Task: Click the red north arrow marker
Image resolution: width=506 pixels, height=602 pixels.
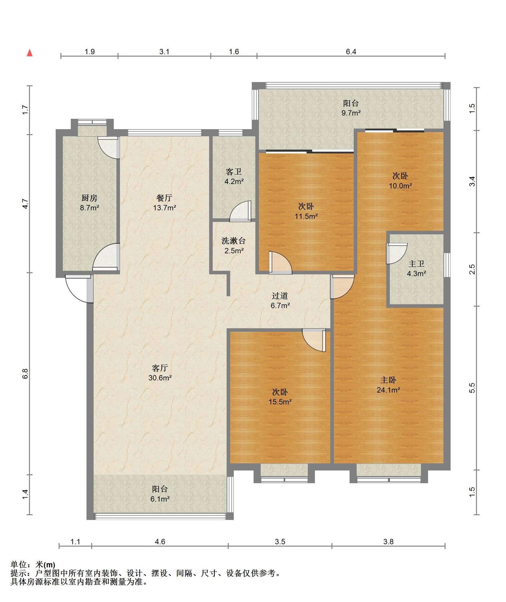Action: coord(30,53)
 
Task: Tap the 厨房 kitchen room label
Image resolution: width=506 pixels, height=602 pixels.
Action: coord(89,198)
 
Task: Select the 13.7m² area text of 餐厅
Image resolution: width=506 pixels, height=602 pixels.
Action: coord(165,208)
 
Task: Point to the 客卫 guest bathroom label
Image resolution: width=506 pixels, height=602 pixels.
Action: coord(234,172)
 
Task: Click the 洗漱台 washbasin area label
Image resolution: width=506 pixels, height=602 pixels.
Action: coord(234,241)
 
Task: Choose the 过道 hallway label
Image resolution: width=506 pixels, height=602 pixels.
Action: coord(280,296)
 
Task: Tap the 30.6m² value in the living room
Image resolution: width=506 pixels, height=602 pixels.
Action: coord(160,378)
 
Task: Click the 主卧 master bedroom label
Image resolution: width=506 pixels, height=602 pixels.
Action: coord(388,380)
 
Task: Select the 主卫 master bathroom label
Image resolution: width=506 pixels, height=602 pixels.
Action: coord(416,264)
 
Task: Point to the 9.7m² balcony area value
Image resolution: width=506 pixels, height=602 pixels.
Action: coord(351,113)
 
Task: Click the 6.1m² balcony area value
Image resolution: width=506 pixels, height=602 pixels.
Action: coord(160,499)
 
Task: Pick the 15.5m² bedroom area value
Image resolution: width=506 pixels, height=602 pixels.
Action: coord(280,402)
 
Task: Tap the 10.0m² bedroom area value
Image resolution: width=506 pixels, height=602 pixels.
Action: coord(400,186)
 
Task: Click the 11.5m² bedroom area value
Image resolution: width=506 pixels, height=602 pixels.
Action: coord(306,216)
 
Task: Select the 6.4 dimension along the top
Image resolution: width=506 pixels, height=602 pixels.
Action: coord(351,52)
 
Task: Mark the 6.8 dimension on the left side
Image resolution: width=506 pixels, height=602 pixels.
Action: coord(25,374)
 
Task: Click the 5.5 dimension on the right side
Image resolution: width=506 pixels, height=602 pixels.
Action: coord(472,388)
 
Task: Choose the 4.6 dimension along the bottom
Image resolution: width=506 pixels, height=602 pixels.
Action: coord(160,541)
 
